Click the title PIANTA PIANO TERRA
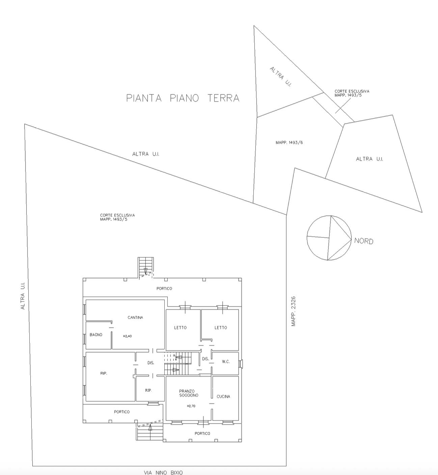[x=183, y=98]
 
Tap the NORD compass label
[x=363, y=241]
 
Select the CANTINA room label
[x=135, y=317]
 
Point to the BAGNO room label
[x=96, y=335]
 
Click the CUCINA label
[x=223, y=396]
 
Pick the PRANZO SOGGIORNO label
[x=189, y=393]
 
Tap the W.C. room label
[x=226, y=361]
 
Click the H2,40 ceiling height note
[x=127, y=336]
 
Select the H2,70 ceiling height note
[x=191, y=406]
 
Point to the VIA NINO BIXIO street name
[x=163, y=473]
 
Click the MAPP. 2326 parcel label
[x=294, y=311]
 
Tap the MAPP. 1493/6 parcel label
[x=289, y=143]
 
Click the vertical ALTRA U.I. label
[x=23, y=296]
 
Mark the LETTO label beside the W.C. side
[x=220, y=328]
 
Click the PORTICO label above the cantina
[x=164, y=288]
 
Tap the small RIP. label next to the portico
[x=148, y=390]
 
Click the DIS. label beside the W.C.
[x=206, y=359]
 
